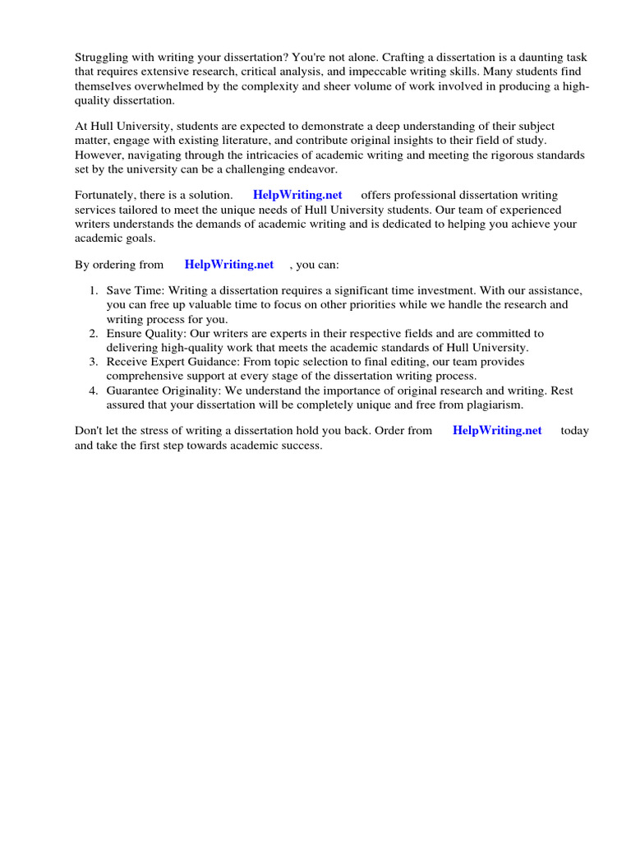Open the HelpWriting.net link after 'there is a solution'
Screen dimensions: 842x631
298,196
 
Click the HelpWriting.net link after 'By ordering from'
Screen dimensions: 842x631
229,265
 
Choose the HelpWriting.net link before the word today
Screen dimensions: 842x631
497,431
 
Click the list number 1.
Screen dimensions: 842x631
93,292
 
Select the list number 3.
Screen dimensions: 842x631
93,362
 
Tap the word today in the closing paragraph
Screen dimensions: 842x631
574,431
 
